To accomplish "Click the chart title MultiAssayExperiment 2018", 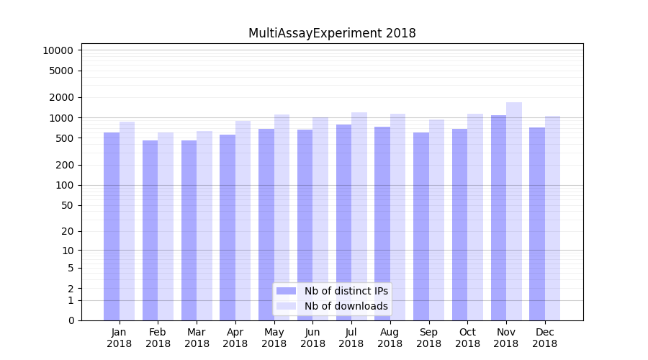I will [x=332, y=33].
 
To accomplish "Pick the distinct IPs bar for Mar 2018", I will [x=189, y=230].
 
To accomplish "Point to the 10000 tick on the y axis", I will [x=58, y=50].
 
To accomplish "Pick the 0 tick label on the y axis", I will [x=71, y=320].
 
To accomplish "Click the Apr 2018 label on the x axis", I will [x=235, y=338].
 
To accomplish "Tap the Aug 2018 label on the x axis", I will [x=390, y=338].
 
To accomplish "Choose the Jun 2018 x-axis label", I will [x=312, y=338].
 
